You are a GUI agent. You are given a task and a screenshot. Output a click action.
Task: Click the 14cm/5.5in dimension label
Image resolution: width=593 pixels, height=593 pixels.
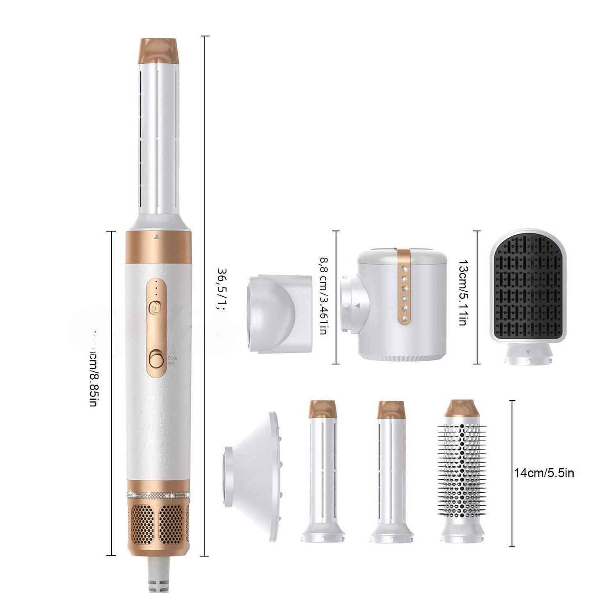coord(544,473)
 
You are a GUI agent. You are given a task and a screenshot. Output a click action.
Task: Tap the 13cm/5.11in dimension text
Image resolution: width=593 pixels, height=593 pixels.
coord(462,292)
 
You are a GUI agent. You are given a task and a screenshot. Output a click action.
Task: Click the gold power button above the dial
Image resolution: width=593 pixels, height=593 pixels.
coord(156,306)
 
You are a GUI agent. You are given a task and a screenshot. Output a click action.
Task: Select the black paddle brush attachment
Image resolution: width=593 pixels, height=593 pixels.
coord(528,287)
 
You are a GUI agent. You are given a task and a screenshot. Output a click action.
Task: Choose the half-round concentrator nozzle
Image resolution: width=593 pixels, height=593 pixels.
coord(279,314)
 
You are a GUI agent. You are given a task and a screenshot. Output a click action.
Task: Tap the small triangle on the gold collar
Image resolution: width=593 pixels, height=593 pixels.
coord(156,237)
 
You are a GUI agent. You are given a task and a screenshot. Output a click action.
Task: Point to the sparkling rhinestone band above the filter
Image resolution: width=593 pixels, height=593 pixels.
coord(158,494)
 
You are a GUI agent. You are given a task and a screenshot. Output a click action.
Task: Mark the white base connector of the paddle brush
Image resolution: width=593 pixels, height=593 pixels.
coord(528,355)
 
